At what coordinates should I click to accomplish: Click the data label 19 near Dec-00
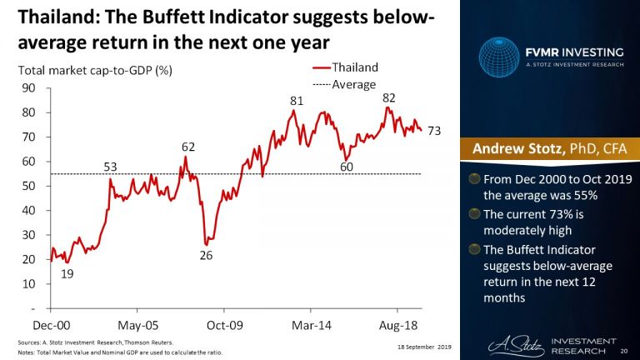tap(67, 273)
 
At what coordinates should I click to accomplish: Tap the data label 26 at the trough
tap(206, 255)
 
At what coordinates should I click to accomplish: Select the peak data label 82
tap(388, 97)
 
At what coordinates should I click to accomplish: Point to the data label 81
tap(296, 101)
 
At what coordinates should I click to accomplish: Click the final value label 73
tap(434, 131)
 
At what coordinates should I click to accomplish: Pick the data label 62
tap(188, 147)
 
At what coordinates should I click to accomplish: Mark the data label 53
tap(110, 167)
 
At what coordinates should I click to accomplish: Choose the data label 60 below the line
tap(346, 167)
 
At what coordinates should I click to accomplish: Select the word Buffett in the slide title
tap(199, 16)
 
